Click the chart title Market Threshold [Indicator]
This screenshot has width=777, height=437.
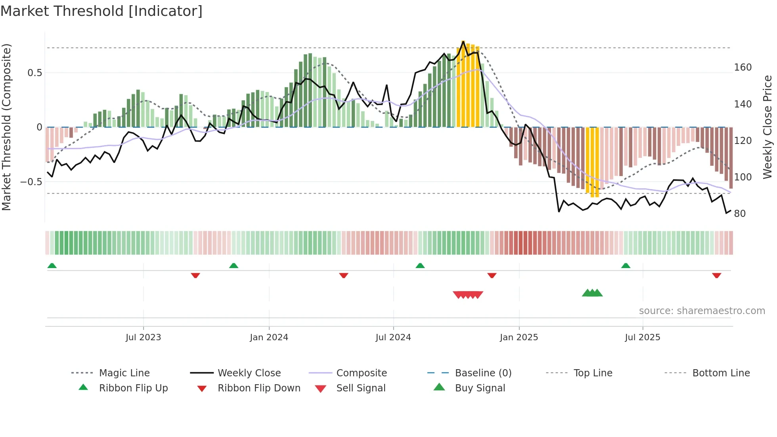coord(101,11)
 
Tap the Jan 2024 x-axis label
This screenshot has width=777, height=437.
coord(269,337)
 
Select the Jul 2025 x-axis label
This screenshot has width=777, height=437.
coord(642,337)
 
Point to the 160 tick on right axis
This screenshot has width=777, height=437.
coord(743,67)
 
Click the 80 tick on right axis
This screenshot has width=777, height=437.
coord(740,214)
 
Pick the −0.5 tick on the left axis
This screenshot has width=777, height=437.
coord(31,182)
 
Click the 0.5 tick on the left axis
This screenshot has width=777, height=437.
coord(34,73)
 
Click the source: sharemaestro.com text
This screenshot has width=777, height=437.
coord(702,311)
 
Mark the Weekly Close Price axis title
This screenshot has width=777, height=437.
coord(767,127)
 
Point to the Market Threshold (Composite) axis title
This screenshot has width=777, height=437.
coord(6,127)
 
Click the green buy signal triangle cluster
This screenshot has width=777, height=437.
coord(592,293)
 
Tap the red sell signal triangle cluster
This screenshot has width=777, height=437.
coord(468,295)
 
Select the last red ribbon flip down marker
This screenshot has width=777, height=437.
coord(716,275)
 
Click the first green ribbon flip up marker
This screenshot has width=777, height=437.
coord(52,266)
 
